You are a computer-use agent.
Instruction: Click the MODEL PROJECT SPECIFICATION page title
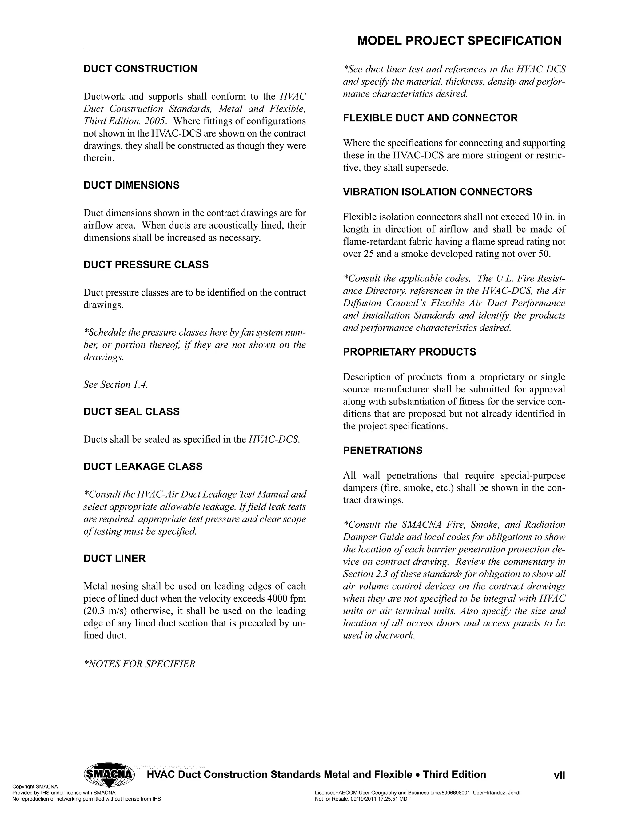click(x=459, y=41)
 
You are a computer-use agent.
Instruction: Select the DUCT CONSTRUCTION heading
click(x=140, y=69)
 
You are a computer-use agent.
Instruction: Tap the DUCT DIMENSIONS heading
click(x=131, y=185)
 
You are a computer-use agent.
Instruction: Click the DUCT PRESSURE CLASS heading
click(x=146, y=264)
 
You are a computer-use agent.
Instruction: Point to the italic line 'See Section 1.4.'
click(x=116, y=384)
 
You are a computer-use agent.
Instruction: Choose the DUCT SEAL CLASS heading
click(x=131, y=411)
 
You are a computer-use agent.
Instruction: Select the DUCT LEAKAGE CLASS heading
click(x=143, y=467)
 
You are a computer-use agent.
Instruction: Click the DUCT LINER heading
click(x=114, y=558)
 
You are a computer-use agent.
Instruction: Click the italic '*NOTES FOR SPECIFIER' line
click(x=140, y=664)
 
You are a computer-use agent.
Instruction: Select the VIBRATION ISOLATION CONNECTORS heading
click(x=437, y=192)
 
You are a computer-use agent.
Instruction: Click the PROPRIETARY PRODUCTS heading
click(x=409, y=352)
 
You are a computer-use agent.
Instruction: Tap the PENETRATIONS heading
click(x=383, y=451)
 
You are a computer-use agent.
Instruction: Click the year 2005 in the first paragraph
click(x=154, y=121)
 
